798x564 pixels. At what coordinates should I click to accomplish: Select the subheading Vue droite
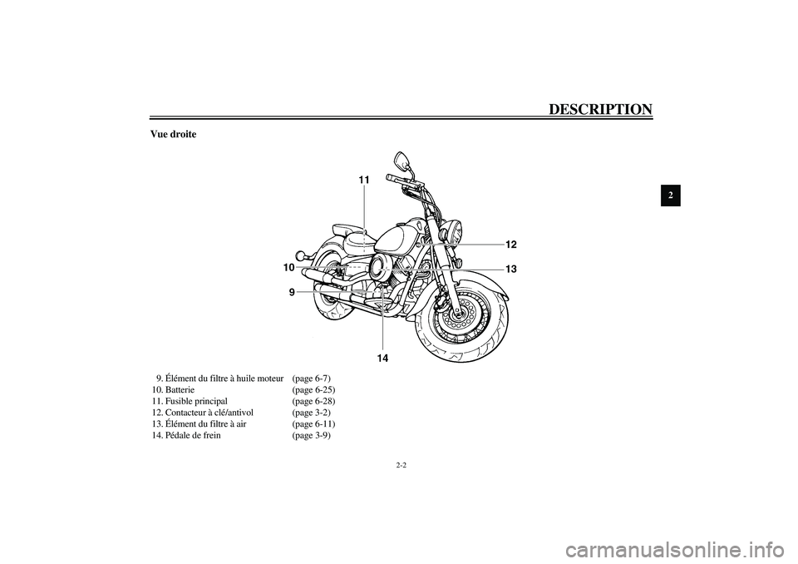click(x=173, y=135)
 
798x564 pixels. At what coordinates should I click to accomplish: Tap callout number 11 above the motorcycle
click(x=364, y=180)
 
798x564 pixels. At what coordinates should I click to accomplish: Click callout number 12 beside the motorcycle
click(x=510, y=244)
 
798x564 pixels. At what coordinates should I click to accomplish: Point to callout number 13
click(x=510, y=269)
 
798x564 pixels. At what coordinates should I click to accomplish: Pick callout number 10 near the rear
click(x=288, y=268)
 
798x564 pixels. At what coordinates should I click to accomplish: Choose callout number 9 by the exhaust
click(x=292, y=292)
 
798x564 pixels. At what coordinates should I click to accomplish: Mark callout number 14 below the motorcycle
click(x=382, y=358)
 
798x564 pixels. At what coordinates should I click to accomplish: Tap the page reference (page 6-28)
click(x=313, y=401)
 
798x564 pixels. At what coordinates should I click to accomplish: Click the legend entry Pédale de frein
click(x=193, y=435)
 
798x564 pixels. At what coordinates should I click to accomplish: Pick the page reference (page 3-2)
click(x=311, y=413)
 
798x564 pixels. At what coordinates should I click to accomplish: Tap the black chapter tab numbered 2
click(x=672, y=196)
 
